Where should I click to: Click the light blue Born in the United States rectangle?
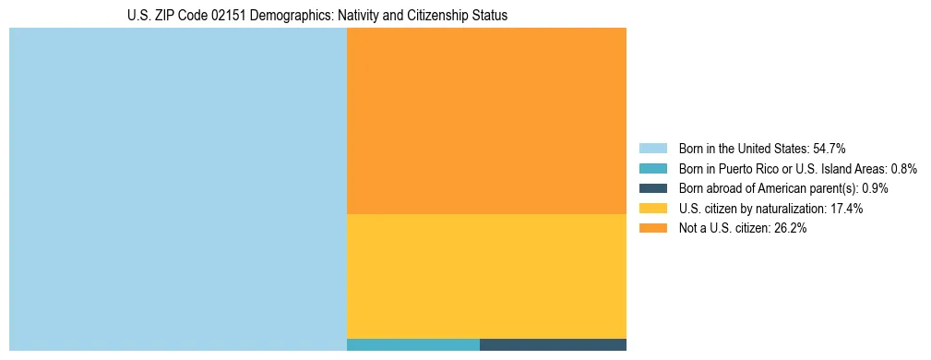pos(177,189)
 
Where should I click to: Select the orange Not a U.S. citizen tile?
pos(486,121)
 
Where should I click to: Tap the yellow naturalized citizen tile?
pos(486,276)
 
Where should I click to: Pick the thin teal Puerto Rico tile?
pos(413,345)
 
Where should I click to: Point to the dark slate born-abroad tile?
pos(553,345)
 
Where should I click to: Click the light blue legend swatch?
pos(652,149)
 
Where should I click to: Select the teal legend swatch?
pos(652,169)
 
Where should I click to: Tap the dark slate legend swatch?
pos(652,188)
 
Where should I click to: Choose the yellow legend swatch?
pos(652,209)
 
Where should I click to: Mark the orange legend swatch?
pos(652,229)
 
